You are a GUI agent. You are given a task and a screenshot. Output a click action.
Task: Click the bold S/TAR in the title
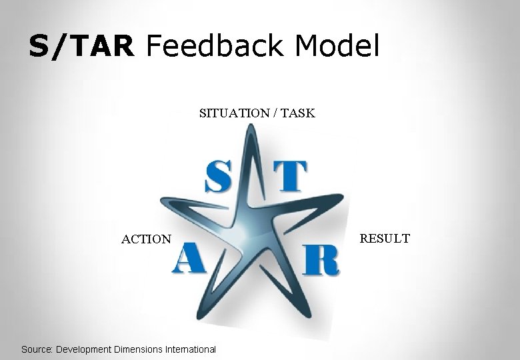pos(82,46)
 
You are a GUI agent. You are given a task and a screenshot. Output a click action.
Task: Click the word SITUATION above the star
pos(234,113)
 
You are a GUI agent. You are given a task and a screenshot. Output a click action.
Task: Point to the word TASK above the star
pos(298,113)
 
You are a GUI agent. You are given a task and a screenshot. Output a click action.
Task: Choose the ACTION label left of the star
pos(146,239)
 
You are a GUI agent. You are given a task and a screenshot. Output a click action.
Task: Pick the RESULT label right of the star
pos(385,238)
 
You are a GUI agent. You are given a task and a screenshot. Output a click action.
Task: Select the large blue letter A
pos(188,259)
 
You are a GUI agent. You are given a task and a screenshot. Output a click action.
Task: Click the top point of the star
pos(250,128)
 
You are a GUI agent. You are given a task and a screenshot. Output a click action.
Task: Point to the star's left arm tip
pos(162,199)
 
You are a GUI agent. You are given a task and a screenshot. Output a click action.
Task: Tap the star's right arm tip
pos(345,196)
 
